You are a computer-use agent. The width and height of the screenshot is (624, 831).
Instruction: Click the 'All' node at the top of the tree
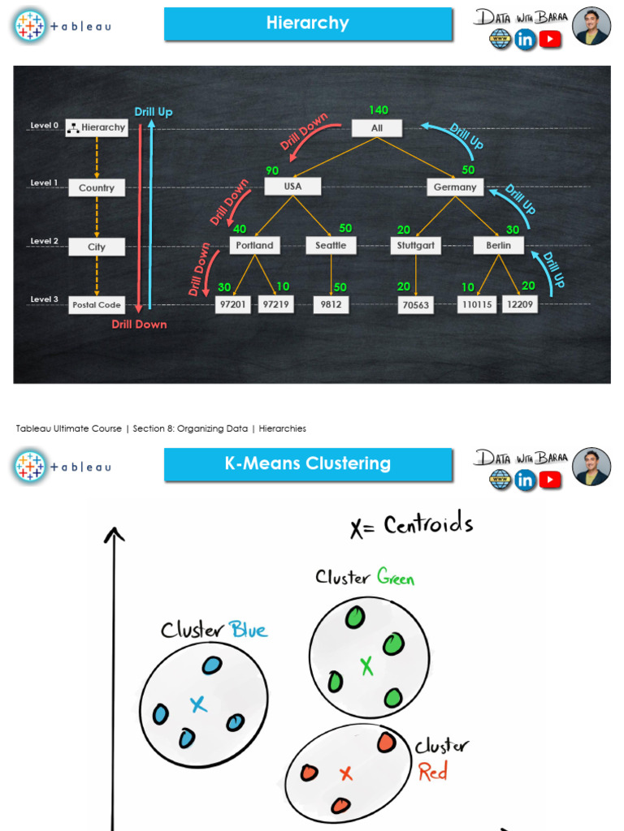pyautogui.click(x=377, y=128)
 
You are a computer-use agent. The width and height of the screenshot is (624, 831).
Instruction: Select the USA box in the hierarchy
pyautogui.click(x=292, y=187)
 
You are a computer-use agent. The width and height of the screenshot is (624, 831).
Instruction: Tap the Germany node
pyautogui.click(x=455, y=187)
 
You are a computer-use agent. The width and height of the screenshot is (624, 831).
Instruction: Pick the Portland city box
pyautogui.click(x=255, y=245)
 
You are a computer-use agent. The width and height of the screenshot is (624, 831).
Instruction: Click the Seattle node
pyautogui.click(x=331, y=245)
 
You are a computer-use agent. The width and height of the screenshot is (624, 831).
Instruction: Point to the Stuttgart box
pyautogui.click(x=416, y=245)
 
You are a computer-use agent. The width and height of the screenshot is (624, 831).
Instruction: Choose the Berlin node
pyautogui.click(x=499, y=245)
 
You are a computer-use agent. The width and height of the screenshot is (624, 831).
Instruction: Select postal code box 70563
pyautogui.click(x=415, y=305)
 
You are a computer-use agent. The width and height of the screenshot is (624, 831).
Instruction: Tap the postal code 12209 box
pyautogui.click(x=519, y=304)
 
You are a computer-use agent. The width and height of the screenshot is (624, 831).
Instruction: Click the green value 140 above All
pyautogui.click(x=379, y=110)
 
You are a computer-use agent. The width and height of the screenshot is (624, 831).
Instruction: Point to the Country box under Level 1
pyautogui.click(x=97, y=187)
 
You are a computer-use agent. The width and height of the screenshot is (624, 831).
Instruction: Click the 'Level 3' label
pyautogui.click(x=45, y=299)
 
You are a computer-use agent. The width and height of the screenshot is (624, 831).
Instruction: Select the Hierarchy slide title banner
pyautogui.click(x=308, y=24)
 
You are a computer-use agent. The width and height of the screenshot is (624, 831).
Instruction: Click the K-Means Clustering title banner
pyautogui.click(x=308, y=464)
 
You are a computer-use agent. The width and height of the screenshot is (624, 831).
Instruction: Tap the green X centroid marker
pyautogui.click(x=366, y=666)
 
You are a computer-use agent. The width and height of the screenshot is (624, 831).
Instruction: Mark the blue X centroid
pyautogui.click(x=198, y=704)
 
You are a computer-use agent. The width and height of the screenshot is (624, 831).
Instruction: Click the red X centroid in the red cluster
pyautogui.click(x=346, y=773)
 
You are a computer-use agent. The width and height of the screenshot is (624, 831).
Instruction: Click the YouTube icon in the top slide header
pyautogui.click(x=550, y=39)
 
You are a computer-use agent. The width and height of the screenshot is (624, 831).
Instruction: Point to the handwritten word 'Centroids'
pyautogui.click(x=428, y=525)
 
